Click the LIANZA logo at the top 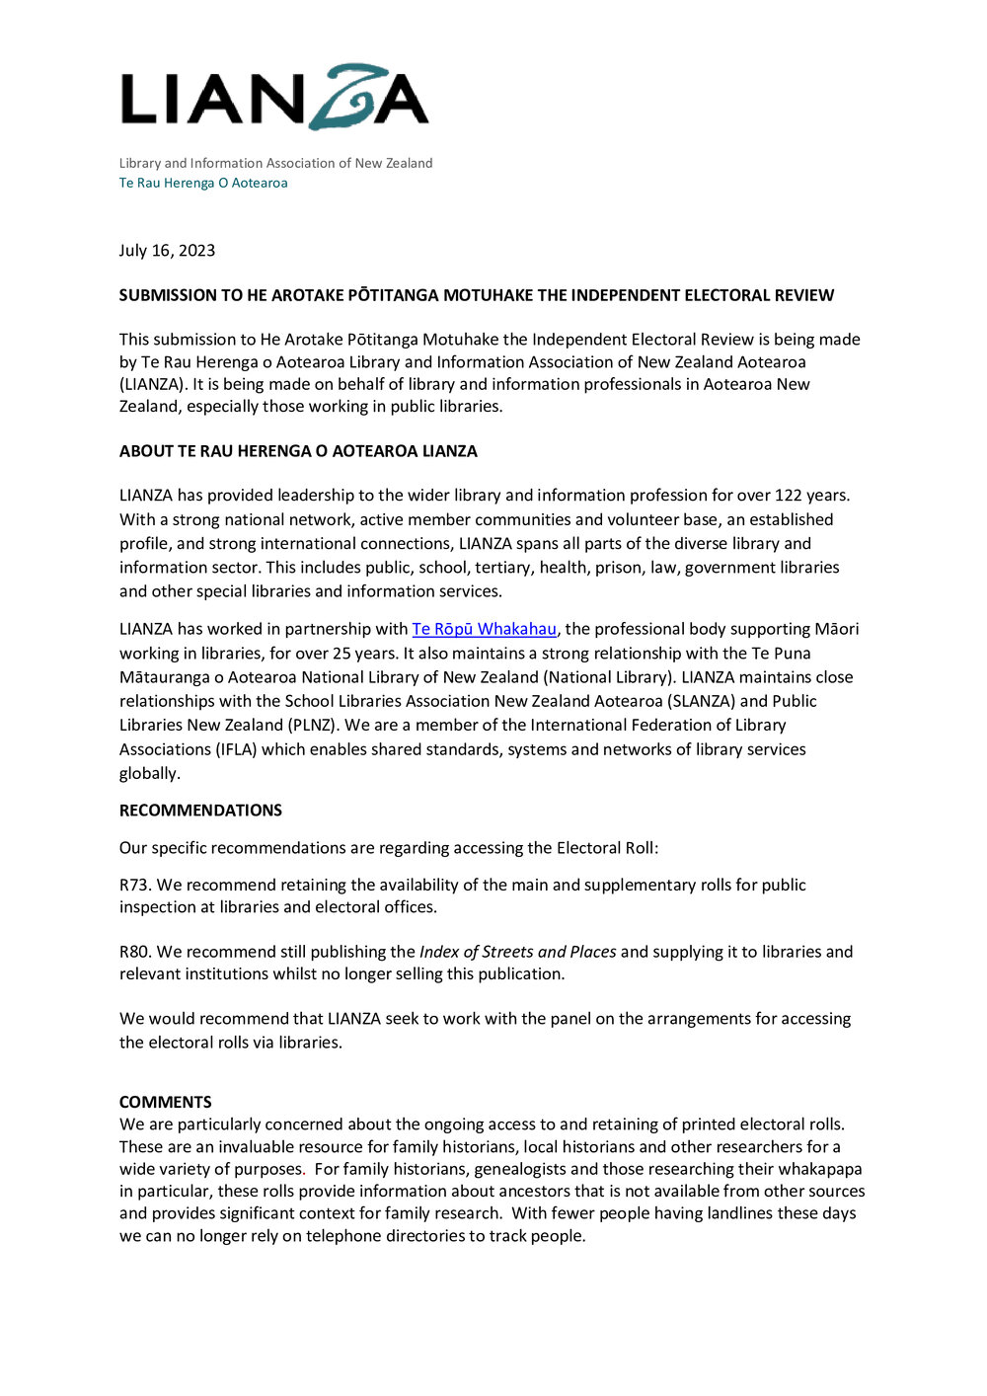pyautogui.click(x=274, y=99)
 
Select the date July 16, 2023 pyautogui.click(x=167, y=251)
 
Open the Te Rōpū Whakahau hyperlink pyautogui.click(x=484, y=629)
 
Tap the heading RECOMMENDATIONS pyautogui.click(x=200, y=811)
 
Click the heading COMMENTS pyautogui.click(x=165, y=1102)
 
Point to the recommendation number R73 pyautogui.click(x=133, y=885)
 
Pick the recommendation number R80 pyautogui.click(x=134, y=952)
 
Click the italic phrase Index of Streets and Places pyautogui.click(x=517, y=952)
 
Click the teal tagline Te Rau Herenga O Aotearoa pyautogui.click(x=203, y=183)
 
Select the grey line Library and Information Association pyautogui.click(x=275, y=163)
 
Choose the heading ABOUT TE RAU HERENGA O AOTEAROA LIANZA pyautogui.click(x=298, y=451)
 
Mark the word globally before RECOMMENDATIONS pyautogui.click(x=149, y=773)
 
